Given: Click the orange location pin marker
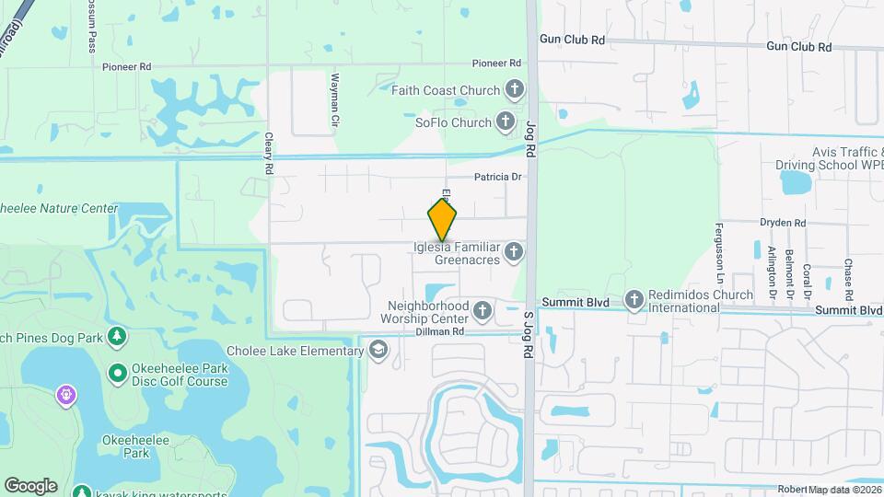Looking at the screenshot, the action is click(x=442, y=219).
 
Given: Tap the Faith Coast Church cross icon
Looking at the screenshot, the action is click(x=515, y=90).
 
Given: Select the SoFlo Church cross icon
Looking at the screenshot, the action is click(x=505, y=121).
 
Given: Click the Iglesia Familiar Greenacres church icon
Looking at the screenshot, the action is click(x=514, y=251).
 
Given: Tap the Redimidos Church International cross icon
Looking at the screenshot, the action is click(x=634, y=300).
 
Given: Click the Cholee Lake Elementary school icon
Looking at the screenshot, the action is click(x=378, y=351).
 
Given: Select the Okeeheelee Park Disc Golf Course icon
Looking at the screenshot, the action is click(x=118, y=374).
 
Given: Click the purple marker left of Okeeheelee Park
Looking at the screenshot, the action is click(x=66, y=397).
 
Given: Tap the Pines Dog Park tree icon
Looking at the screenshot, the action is click(x=117, y=338).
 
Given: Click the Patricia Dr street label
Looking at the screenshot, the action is click(x=498, y=177).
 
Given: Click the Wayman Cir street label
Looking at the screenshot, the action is click(x=335, y=100).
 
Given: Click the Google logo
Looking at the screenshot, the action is click(x=30, y=485).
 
